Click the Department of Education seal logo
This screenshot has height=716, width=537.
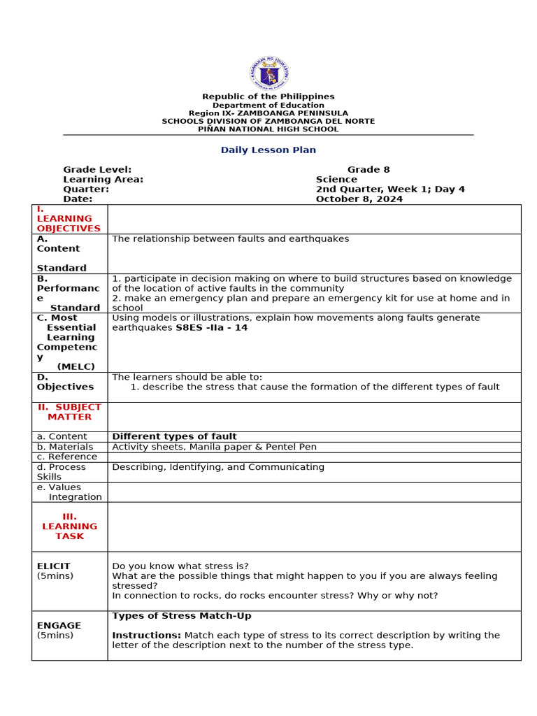[268, 73]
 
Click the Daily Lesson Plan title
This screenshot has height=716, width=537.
[268, 150]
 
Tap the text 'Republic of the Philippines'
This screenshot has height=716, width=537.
[268, 96]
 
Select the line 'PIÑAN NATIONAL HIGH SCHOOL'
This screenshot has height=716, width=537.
[268, 129]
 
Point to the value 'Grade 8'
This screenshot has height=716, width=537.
[368, 170]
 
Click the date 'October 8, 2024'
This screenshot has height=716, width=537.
[359, 199]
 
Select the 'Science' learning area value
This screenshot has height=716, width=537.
[336, 180]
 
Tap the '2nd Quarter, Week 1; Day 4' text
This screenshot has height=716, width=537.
[390, 189]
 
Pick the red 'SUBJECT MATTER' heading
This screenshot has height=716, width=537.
[69, 412]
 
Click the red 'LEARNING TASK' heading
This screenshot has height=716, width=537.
[69, 527]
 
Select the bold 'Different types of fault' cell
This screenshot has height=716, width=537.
[174, 437]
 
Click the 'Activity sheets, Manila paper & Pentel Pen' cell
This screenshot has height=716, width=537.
[214, 447]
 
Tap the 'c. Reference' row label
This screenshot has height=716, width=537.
[67, 457]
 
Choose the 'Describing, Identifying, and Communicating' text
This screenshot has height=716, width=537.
[218, 467]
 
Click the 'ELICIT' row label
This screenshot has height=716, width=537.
[53, 566]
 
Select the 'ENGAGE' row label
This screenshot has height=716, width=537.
[59, 626]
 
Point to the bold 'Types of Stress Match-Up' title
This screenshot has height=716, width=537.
[181, 616]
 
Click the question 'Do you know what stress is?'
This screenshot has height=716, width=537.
[180, 566]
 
